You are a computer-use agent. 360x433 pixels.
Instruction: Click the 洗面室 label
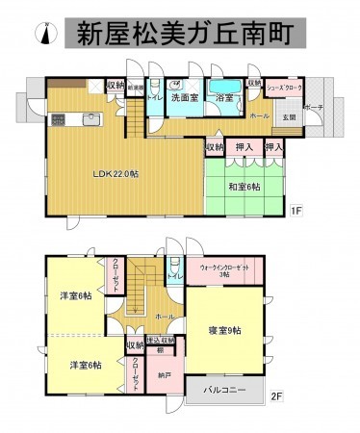185,97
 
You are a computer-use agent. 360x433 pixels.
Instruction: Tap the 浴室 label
225,98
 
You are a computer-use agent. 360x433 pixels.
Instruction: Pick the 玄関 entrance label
288,117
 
